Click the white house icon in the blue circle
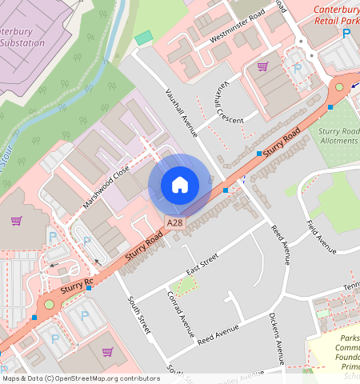tap(180, 185)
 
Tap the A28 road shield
tap(174, 222)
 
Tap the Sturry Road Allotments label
tap(338, 135)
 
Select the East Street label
tap(202, 265)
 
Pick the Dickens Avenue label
tap(276, 333)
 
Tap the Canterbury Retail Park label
tap(336, 16)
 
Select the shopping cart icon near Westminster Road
tap(262, 66)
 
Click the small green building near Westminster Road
tap(143, 38)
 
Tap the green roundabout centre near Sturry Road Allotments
tap(339, 86)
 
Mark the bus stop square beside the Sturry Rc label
tap(89, 288)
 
